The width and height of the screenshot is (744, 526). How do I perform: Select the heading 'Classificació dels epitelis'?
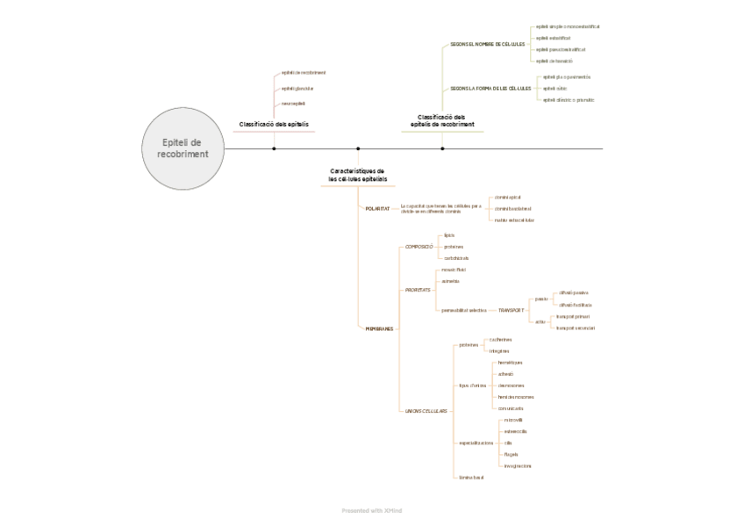pyautogui.click(x=274, y=125)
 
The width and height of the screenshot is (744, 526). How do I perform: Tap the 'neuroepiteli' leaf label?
pyautogui.click(x=294, y=104)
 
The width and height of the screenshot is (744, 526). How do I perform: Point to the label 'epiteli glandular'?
pyautogui.click(x=297, y=88)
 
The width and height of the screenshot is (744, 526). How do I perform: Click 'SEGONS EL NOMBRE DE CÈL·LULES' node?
pyautogui.click(x=488, y=43)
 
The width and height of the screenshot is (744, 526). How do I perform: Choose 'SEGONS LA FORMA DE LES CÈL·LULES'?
pyautogui.click(x=491, y=88)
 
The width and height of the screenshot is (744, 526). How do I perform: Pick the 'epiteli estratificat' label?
pyautogui.click(x=554, y=38)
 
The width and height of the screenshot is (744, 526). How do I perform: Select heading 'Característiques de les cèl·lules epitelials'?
pyautogui.click(x=357, y=175)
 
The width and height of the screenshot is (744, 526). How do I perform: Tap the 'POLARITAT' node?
pyautogui.click(x=377, y=208)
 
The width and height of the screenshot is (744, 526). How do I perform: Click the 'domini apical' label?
pyautogui.click(x=508, y=197)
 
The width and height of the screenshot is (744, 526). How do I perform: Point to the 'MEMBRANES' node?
pyautogui.click(x=378, y=328)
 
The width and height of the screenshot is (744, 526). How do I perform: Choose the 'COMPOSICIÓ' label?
pyautogui.click(x=419, y=247)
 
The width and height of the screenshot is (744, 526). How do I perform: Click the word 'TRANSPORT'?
pyautogui.click(x=511, y=310)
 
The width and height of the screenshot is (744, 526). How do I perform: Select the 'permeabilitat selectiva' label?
pyautogui.click(x=464, y=310)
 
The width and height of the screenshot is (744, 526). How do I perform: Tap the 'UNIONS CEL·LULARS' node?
pyautogui.click(x=426, y=410)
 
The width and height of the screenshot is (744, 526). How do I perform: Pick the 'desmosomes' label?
pyautogui.click(x=511, y=385)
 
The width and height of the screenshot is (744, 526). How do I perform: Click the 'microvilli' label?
pyautogui.click(x=513, y=421)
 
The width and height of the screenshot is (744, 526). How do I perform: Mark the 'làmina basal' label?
pyautogui.click(x=471, y=477)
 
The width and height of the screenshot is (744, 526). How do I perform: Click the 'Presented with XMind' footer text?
pyautogui.click(x=371, y=509)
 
